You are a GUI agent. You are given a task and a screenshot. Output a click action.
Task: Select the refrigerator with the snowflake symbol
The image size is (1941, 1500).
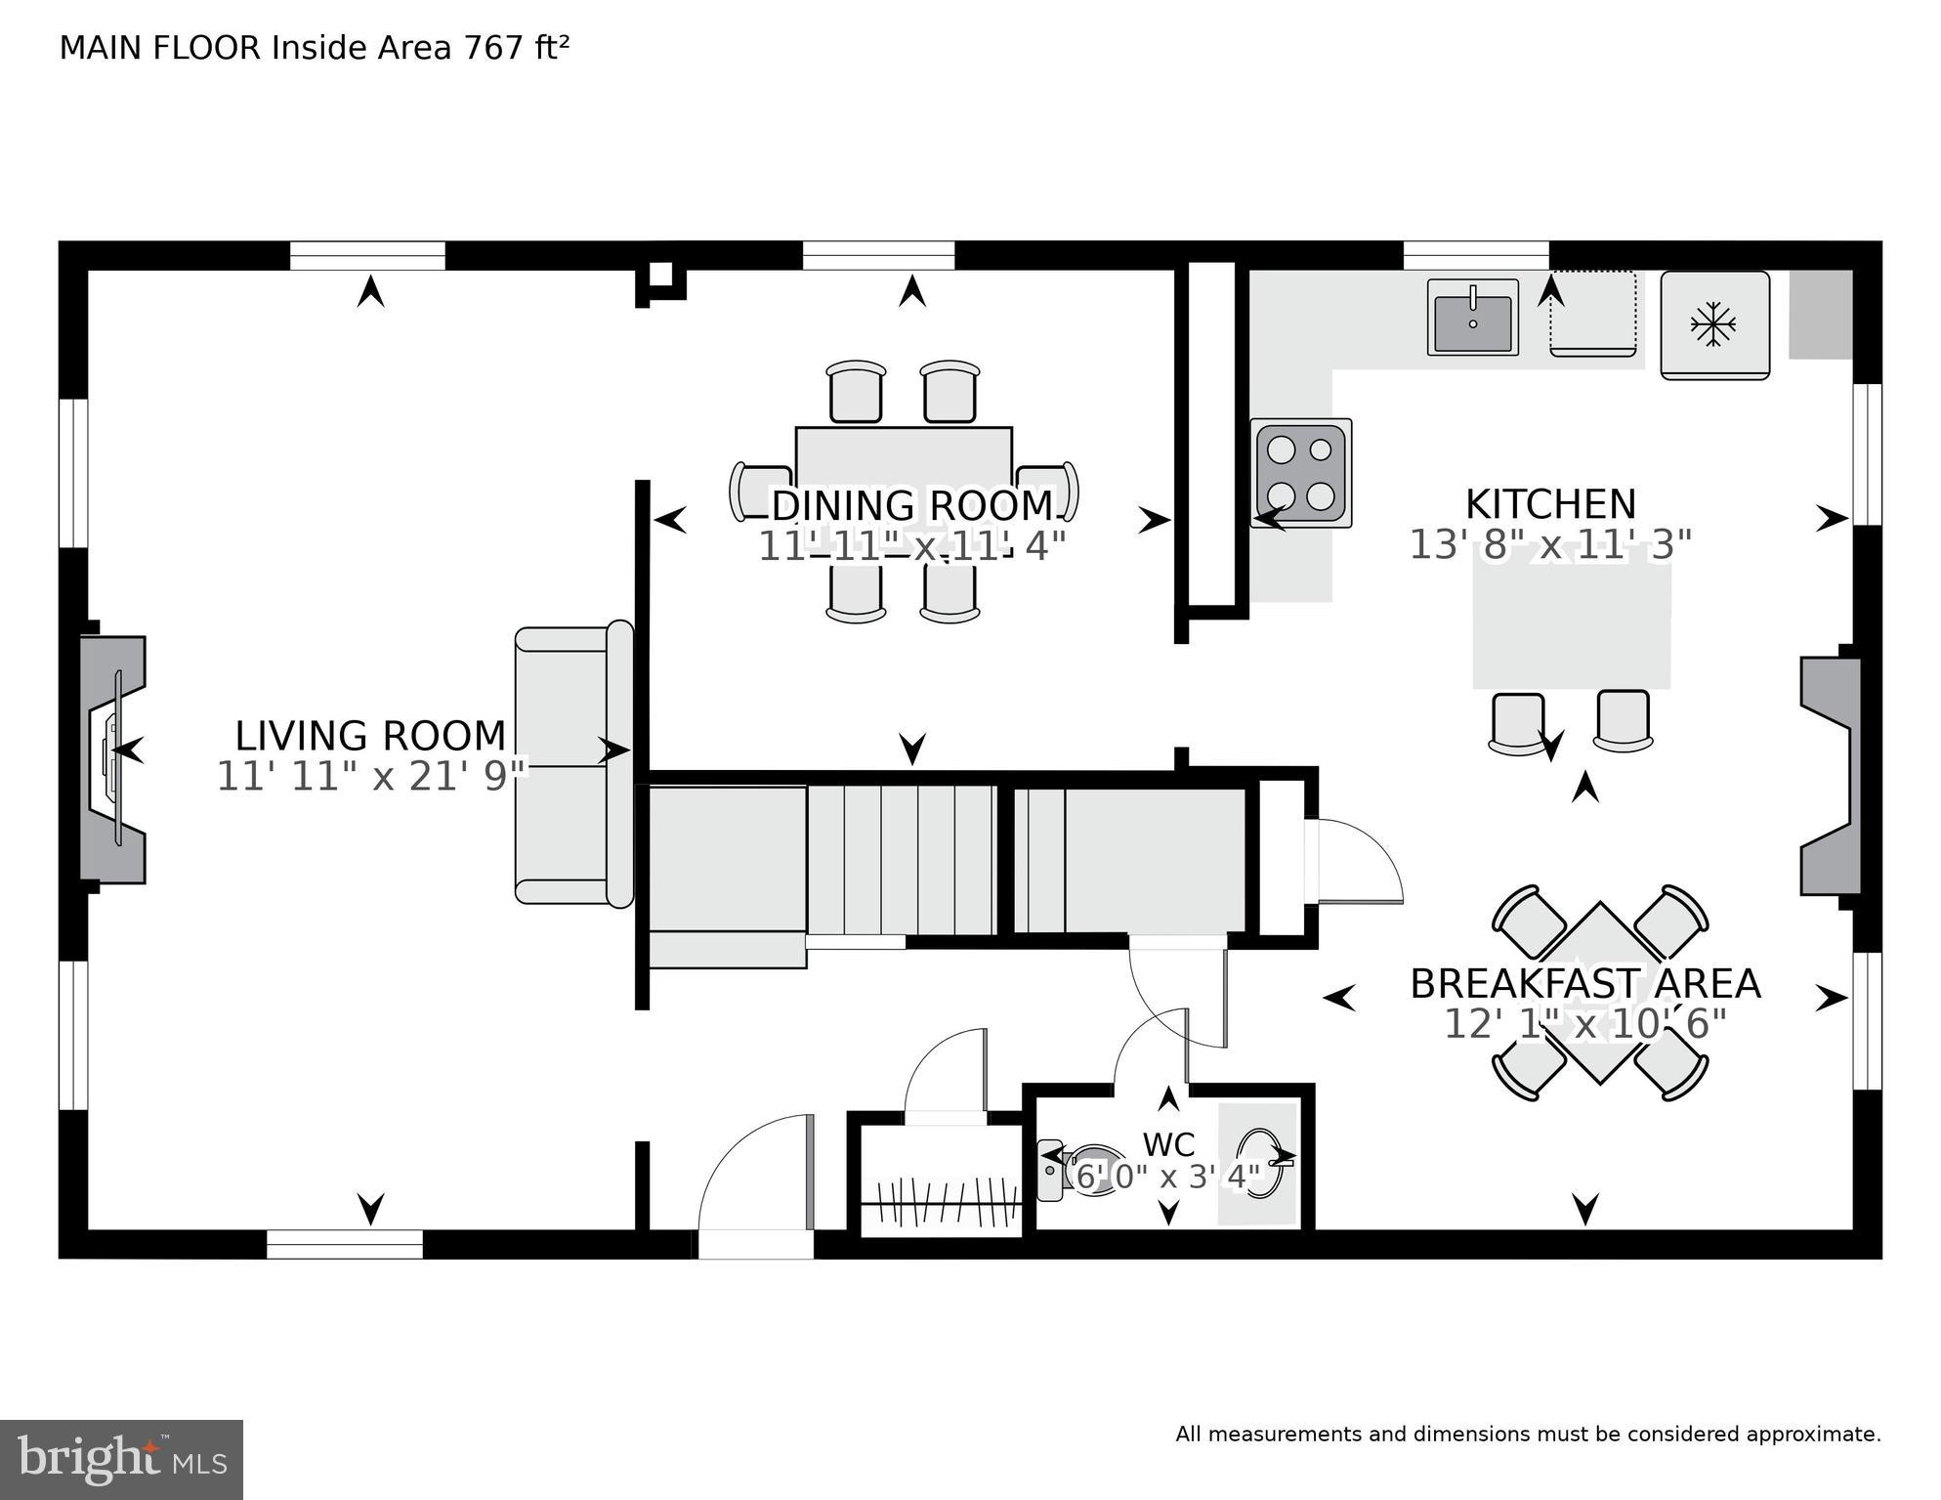(1714, 325)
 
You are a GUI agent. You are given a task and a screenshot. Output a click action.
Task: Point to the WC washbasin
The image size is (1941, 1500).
(1257, 1163)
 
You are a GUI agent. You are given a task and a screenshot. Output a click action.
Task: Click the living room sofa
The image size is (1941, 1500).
(573, 765)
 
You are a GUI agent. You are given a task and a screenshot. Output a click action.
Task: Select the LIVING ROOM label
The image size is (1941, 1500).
(370, 735)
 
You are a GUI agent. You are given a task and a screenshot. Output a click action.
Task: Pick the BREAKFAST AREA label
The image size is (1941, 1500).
(1583, 983)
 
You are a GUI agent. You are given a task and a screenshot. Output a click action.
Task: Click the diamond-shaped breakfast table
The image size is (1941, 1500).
(1599, 992)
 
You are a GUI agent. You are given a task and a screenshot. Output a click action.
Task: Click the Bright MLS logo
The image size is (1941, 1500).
(121, 1459)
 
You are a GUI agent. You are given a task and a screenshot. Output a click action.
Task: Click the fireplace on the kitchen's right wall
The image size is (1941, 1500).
(1829, 776)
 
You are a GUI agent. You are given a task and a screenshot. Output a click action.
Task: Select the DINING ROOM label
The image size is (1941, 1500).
(911, 506)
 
